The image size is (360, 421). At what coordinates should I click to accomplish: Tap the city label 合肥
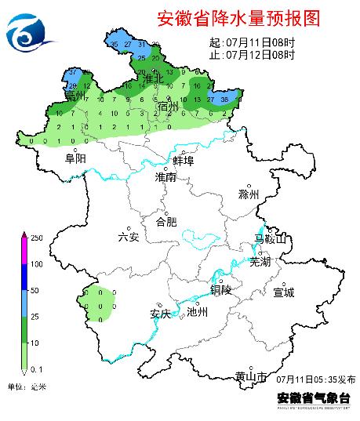click(166, 221)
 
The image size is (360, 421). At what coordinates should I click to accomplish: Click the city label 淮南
click(165, 178)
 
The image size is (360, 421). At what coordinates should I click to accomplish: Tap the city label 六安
click(128, 237)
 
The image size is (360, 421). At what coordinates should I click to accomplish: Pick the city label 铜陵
click(221, 289)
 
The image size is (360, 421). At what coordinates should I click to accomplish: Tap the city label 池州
click(198, 311)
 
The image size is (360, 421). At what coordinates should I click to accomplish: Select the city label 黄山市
click(252, 376)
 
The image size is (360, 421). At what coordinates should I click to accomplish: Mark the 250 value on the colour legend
click(35, 236)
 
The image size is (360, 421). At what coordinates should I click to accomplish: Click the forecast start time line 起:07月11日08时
click(253, 42)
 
